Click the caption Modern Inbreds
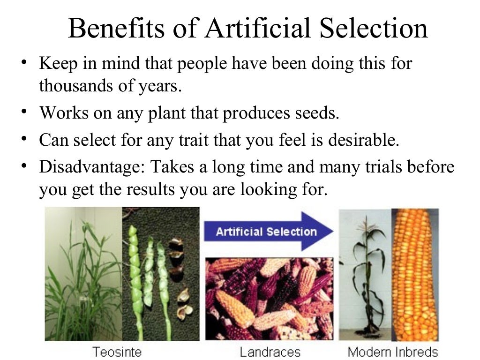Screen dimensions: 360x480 click(393, 352)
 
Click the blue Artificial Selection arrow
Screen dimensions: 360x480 click(268, 232)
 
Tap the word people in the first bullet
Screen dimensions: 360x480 click(203, 63)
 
